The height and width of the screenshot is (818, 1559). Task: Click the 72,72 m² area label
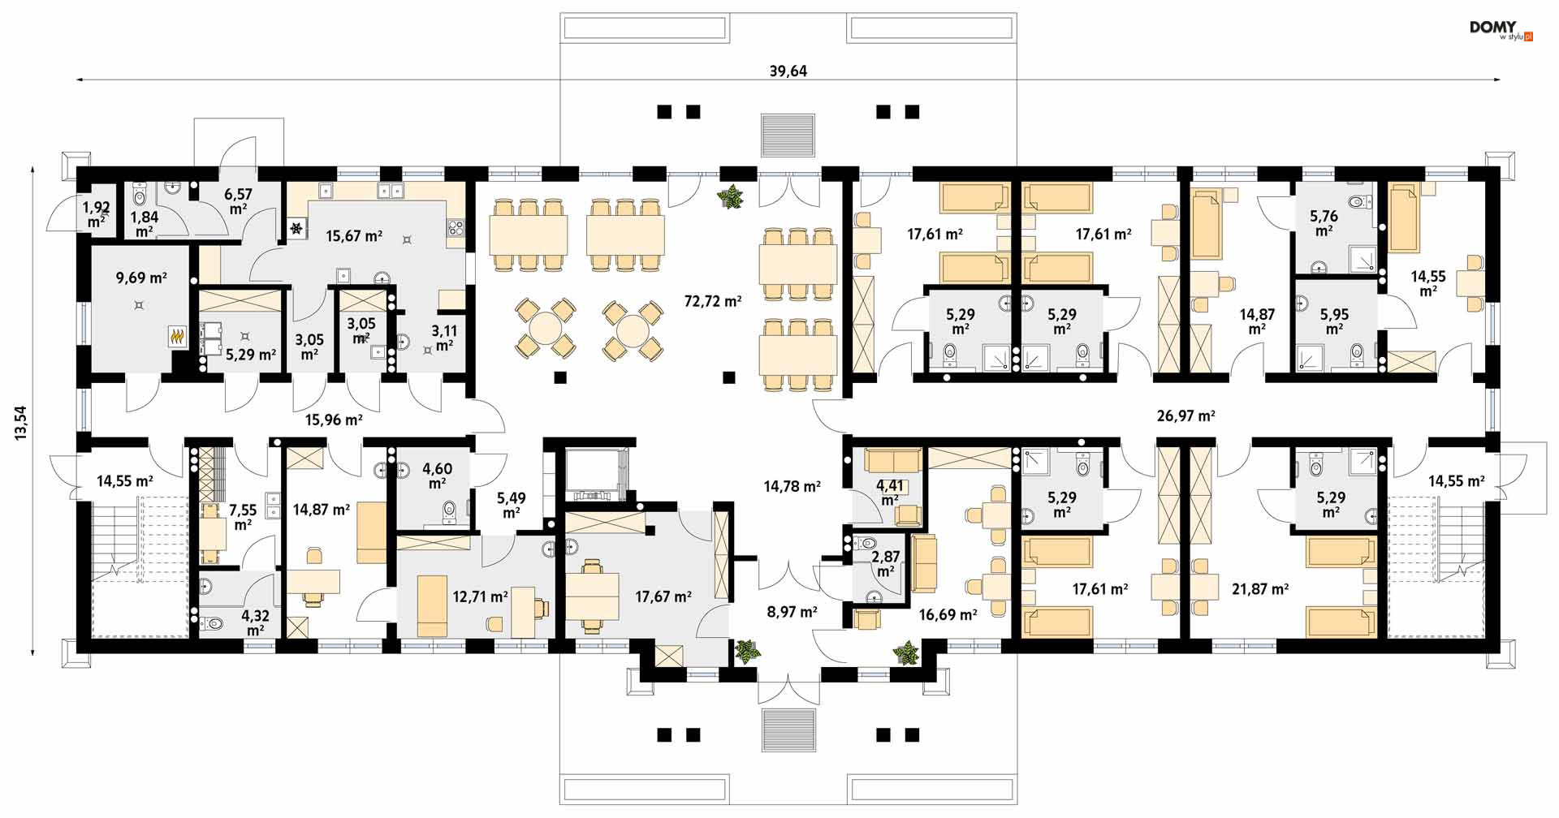pos(712,301)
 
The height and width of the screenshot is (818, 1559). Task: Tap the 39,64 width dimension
pos(788,71)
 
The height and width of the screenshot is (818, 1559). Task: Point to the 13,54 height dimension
pos(20,423)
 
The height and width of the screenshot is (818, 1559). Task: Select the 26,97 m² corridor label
pos(1185,415)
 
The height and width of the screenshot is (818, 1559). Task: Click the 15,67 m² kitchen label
pos(354,236)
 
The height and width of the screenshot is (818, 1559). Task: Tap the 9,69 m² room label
pos(141,278)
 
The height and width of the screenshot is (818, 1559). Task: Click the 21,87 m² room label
pos(1260,589)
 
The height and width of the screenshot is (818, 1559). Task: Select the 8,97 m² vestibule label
pos(792,612)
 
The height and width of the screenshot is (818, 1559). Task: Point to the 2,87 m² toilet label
pos(886,564)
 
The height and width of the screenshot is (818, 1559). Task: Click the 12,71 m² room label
pos(480,596)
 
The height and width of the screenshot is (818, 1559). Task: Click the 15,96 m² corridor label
pos(334,420)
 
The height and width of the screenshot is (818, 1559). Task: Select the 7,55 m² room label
pos(243,517)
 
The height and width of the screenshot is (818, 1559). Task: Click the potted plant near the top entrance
pos(732,197)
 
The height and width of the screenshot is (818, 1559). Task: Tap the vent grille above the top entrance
pos(788,135)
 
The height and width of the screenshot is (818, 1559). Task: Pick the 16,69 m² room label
pos(948,615)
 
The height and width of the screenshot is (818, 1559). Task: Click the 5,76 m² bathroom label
pos(1324,223)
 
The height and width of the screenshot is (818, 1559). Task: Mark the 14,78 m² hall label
pos(792,487)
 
